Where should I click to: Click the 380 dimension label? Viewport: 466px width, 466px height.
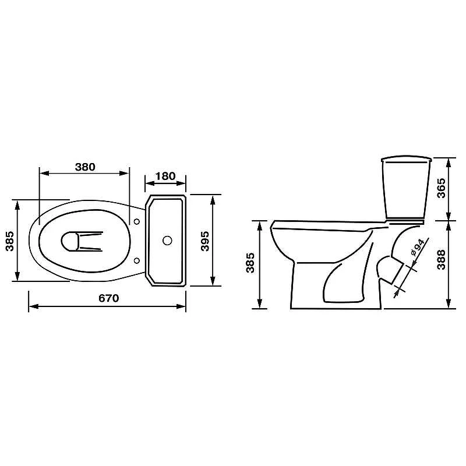tap(85, 167)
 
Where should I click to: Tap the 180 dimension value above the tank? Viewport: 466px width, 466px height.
tap(165, 176)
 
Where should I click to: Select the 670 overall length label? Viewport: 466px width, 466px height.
tap(109, 298)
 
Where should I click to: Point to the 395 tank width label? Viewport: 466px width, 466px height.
tap(205, 241)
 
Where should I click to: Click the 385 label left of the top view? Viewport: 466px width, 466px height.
tap(10, 241)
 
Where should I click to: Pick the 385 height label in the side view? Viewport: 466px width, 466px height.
tap(250, 263)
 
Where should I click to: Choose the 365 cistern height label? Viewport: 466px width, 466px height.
tap(442, 188)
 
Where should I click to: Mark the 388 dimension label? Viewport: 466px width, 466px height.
tap(442, 259)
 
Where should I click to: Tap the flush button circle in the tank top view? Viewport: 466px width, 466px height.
tap(167, 241)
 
